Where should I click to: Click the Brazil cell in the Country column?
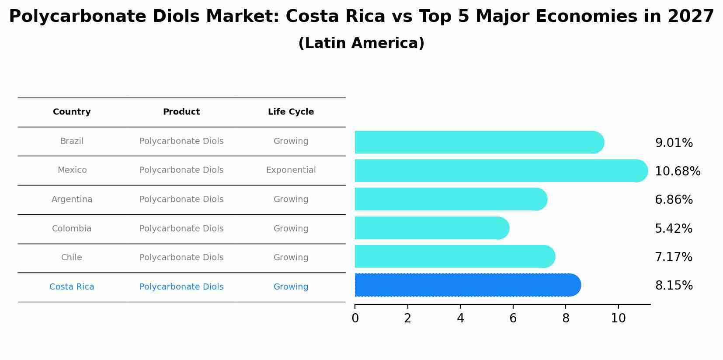click(72, 141)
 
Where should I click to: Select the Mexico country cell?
click(72, 170)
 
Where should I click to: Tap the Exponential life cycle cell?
click(291, 170)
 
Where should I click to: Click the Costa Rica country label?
click(72, 287)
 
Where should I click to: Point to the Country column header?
click(72, 112)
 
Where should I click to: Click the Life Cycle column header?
click(291, 112)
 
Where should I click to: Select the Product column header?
click(181, 112)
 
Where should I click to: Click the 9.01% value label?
click(674, 143)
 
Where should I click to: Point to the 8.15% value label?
click(674, 286)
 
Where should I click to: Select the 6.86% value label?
click(674, 200)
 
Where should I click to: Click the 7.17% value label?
click(674, 257)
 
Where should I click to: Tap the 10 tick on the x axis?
click(618, 318)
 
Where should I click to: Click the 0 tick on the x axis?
click(355, 318)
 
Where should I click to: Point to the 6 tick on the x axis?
click(513, 318)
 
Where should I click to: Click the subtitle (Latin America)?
click(361, 43)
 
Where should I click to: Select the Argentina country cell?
click(72, 199)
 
